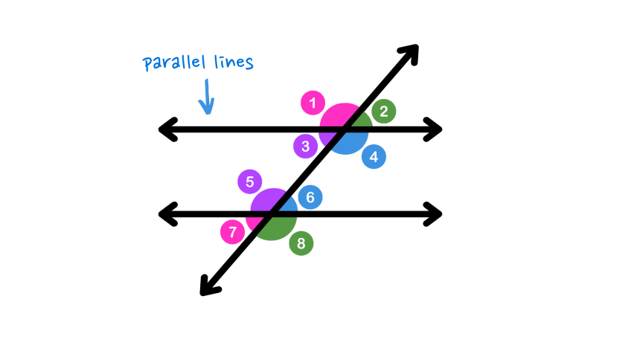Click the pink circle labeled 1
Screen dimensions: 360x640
click(313, 103)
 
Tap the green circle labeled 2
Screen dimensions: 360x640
click(384, 112)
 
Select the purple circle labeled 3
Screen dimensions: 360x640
click(305, 146)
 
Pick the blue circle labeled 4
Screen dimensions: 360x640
click(374, 156)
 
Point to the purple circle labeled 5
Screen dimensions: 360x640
click(250, 181)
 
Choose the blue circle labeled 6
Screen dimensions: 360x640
click(310, 197)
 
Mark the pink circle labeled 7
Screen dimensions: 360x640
click(232, 232)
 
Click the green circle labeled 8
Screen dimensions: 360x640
click(301, 243)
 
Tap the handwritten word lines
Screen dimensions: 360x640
click(231, 62)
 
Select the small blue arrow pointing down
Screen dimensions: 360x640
click(208, 98)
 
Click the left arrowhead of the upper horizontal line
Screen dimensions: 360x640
click(166, 130)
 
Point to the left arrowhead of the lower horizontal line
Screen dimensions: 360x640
click(166, 214)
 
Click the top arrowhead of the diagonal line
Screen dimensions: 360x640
click(411, 52)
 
